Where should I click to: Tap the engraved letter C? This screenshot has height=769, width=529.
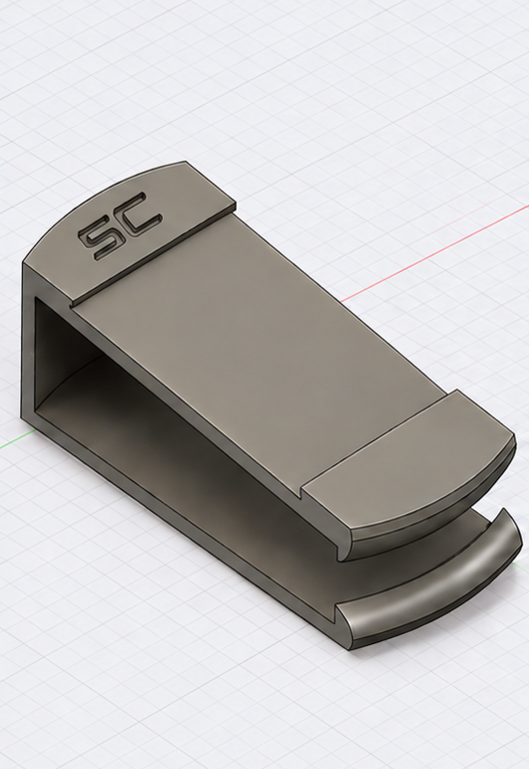tap(139, 215)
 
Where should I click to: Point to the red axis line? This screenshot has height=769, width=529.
tap(434, 253)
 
